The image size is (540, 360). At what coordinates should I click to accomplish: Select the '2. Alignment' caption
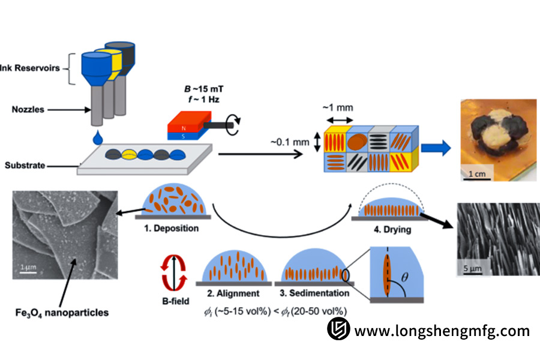(x=232, y=293)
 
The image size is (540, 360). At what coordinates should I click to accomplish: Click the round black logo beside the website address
(x=338, y=330)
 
